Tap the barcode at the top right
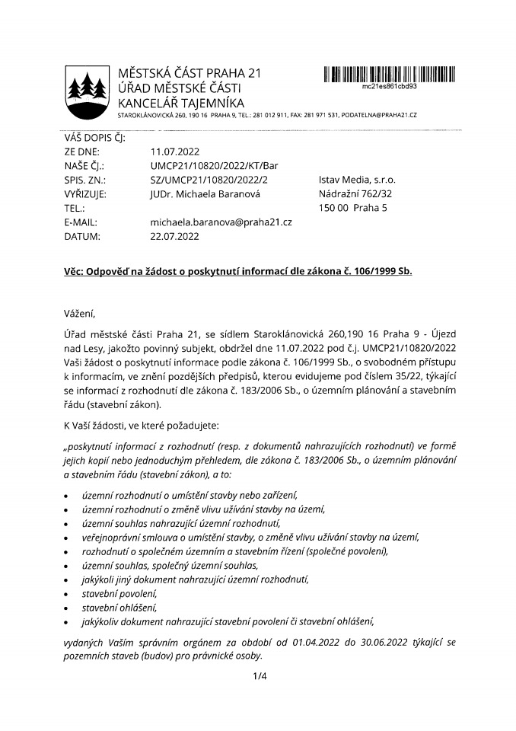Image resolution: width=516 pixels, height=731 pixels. tap(390, 75)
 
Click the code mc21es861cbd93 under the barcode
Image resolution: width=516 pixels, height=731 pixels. tap(390, 87)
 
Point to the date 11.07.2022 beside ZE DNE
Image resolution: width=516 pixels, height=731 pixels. tap(175, 152)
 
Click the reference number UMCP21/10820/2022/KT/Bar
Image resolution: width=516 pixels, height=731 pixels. tap(215, 165)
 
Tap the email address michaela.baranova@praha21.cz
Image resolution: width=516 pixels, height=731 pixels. tap(221, 222)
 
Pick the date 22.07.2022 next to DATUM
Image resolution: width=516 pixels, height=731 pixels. tap(175, 236)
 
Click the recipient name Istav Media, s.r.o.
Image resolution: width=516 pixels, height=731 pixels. tap(356, 180)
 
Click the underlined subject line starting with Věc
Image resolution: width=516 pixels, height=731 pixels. tap(237, 272)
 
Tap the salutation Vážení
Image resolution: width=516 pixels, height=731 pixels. tap(81, 310)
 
